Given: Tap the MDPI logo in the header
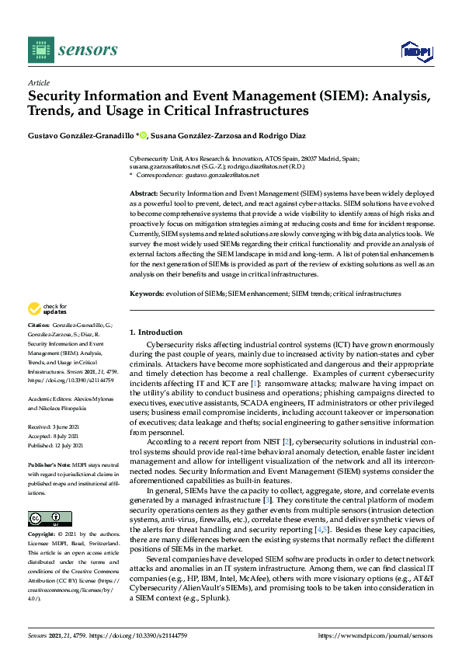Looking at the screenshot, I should [x=416, y=51].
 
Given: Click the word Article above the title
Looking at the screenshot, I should [x=38, y=82].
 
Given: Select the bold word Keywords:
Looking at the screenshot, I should [x=146, y=294].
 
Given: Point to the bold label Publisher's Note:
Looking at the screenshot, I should [x=48, y=462].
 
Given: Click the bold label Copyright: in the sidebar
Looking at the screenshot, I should [x=43, y=514].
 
